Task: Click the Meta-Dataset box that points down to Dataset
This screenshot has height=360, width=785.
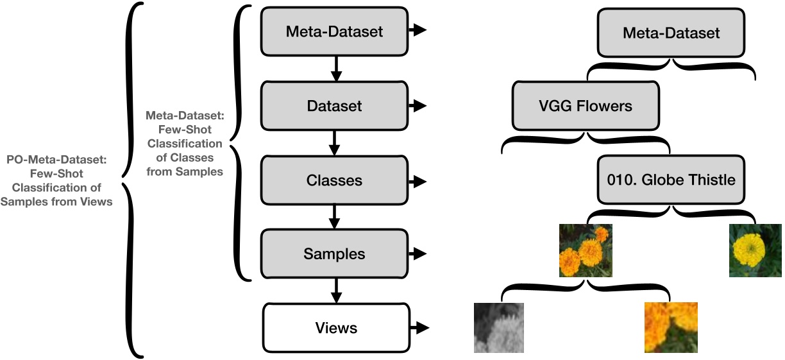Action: [x=333, y=31]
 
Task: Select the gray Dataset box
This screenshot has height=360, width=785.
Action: [x=333, y=105]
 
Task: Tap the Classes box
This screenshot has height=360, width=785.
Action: [x=333, y=180]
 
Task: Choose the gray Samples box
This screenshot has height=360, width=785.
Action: [x=333, y=253]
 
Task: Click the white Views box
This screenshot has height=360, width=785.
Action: [x=335, y=328]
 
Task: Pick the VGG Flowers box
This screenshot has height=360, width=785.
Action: [x=586, y=105]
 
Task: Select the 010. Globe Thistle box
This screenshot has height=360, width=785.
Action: [x=671, y=180]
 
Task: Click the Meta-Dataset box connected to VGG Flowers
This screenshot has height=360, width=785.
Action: [x=671, y=32]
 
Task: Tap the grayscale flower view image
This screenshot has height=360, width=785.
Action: [x=499, y=327]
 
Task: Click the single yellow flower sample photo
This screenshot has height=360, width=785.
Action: [x=755, y=250]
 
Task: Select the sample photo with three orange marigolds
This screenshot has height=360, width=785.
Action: [x=586, y=250]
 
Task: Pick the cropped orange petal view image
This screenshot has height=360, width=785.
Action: [x=671, y=327]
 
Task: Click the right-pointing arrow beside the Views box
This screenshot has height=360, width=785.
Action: [x=419, y=328]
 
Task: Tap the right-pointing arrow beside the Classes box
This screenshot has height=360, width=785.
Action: [x=419, y=181]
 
